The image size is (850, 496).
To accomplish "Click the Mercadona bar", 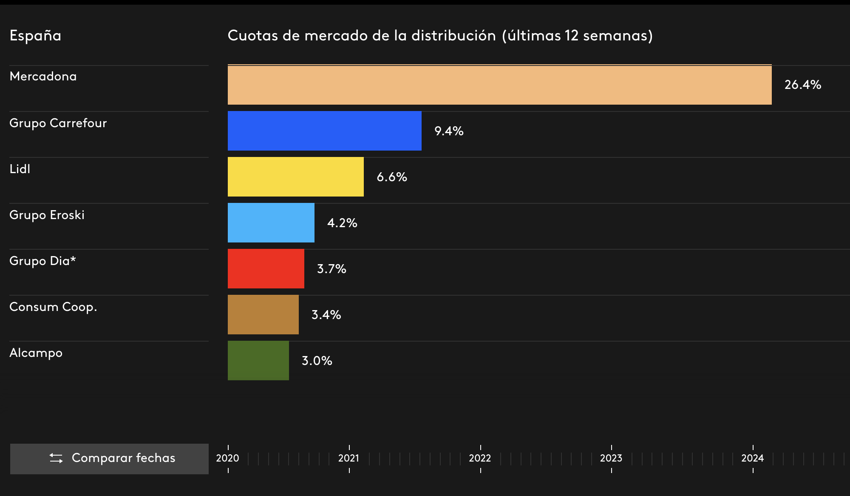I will tap(499, 85).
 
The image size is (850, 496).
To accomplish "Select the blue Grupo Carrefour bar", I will tap(324, 131).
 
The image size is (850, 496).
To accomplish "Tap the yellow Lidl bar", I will tap(295, 177).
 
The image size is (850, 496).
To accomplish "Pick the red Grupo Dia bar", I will tap(266, 269).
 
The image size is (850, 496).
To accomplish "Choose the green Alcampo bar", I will tap(258, 361).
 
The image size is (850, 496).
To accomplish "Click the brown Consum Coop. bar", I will tap(263, 315).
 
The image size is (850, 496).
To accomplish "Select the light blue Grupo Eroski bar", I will tap(271, 223).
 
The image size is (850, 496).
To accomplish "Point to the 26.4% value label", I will tap(802, 85).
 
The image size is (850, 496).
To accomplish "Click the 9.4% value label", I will tap(448, 131).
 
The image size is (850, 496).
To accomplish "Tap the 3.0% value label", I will tap(317, 361).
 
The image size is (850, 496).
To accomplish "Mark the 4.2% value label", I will tap(342, 223).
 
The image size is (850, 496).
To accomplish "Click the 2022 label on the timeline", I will tap(480, 458).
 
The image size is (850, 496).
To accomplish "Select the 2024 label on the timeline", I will tap(752, 458).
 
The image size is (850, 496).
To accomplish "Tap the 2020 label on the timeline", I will tap(227, 458).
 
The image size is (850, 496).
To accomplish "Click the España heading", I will tap(35, 36).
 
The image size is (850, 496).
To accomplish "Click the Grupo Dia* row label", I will tap(42, 261).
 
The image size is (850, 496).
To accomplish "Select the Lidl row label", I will tap(20, 169).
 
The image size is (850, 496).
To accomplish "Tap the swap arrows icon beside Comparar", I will tap(56, 458).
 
